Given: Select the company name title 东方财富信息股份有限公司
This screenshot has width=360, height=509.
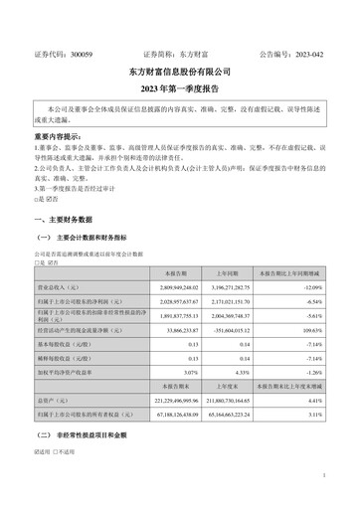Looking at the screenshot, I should click(x=180, y=72).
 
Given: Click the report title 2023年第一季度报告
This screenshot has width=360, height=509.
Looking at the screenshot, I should click(x=180, y=87).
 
